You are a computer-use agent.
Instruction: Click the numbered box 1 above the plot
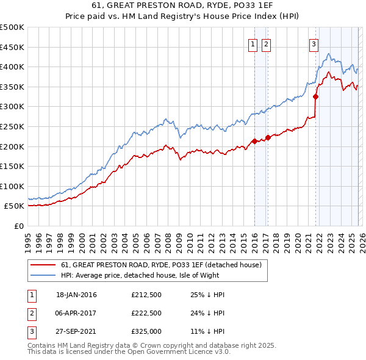coord(253,43)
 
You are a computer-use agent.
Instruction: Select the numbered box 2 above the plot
coord(267,43)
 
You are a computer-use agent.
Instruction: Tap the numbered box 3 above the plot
coord(314,43)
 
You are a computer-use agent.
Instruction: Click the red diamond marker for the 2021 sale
coord(316,96)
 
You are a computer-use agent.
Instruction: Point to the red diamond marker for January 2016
coord(254,142)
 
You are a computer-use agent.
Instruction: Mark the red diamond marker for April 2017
coord(268,138)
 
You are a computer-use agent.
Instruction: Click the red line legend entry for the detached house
coord(161,265)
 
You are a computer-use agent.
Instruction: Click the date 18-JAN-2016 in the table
coord(76,295)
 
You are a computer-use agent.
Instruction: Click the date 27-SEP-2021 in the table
coord(76,333)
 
